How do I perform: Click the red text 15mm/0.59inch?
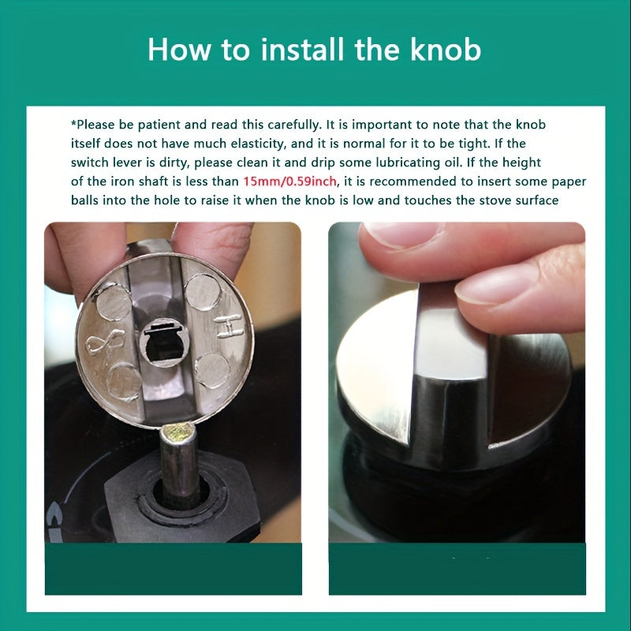[x=289, y=181]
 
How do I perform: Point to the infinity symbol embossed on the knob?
[x=106, y=342]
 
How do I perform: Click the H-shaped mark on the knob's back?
[x=229, y=326]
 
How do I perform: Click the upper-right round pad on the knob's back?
[x=203, y=292]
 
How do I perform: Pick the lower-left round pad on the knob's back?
[x=124, y=381]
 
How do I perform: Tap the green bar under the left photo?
[x=174, y=568]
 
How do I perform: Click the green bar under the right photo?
[x=457, y=568]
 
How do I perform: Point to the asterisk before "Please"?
[x=73, y=123]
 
